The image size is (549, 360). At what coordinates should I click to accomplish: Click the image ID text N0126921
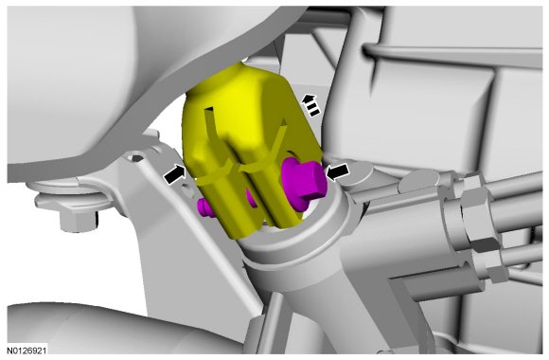[27, 351]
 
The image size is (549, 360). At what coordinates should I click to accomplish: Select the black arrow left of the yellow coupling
[175, 174]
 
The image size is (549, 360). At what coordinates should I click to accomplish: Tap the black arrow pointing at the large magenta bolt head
[337, 171]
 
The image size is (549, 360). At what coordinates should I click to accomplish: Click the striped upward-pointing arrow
[310, 105]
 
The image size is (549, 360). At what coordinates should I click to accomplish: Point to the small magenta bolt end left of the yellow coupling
[205, 207]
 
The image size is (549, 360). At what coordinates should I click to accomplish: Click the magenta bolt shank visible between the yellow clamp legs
[251, 198]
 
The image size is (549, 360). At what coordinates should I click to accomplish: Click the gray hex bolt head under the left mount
[79, 220]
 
